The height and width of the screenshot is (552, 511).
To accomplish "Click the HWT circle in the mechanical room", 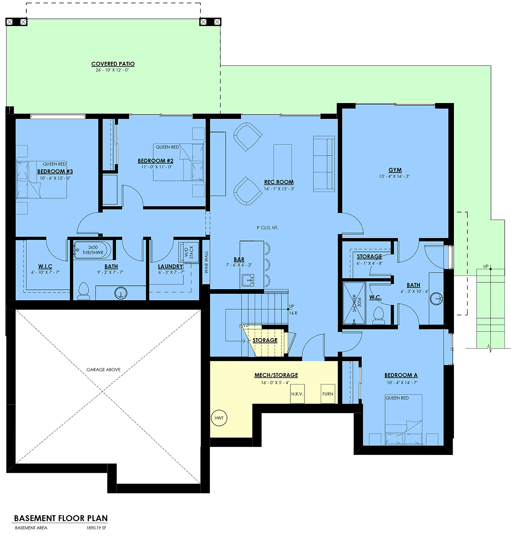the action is [219, 418].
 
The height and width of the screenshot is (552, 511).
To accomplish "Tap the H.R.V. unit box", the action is [297, 394].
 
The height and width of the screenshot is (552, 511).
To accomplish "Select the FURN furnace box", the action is [328, 394].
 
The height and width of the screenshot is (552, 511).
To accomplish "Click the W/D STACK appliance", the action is [189, 252].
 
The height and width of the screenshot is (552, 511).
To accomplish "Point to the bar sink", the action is [247, 280].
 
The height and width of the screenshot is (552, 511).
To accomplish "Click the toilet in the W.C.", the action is [379, 316].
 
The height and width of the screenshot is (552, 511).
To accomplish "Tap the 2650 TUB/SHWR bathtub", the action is [92, 250].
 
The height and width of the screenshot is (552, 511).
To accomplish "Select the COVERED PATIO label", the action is [113, 64].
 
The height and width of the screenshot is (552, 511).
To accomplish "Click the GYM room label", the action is [395, 170].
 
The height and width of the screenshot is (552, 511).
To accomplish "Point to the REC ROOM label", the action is [279, 182].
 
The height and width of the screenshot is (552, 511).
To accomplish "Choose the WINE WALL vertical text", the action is [206, 262].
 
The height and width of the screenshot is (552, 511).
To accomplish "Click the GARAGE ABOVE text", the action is [103, 370].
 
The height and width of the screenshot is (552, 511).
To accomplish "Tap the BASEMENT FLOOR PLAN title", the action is [61, 518].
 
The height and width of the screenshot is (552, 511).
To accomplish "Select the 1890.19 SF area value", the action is [96, 528].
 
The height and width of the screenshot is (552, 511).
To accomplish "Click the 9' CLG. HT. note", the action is [267, 227].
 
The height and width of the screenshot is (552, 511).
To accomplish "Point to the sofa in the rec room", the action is [324, 164].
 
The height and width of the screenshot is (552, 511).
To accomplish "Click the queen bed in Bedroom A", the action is [403, 420].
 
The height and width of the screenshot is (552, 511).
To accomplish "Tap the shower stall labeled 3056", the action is [354, 303].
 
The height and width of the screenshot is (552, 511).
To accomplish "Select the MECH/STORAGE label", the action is [276, 375].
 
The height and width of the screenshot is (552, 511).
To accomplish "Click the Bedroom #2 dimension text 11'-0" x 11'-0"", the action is [157, 167].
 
